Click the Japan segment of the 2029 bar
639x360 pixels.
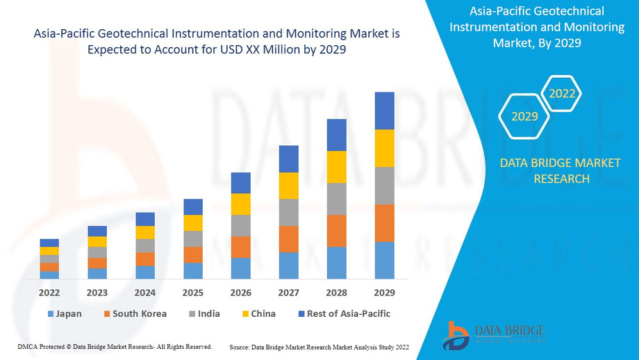384,260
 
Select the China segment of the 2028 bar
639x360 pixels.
336,167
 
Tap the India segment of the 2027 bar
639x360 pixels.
288,213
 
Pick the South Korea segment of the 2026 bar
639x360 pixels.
240,247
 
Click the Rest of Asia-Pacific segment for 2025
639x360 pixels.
193,206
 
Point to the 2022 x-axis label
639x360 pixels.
49,293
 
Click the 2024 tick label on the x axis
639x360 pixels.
145,293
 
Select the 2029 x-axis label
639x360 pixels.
384,293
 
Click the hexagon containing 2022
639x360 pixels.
562,93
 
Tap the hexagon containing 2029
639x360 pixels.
524,116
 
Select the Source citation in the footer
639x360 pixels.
319,346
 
